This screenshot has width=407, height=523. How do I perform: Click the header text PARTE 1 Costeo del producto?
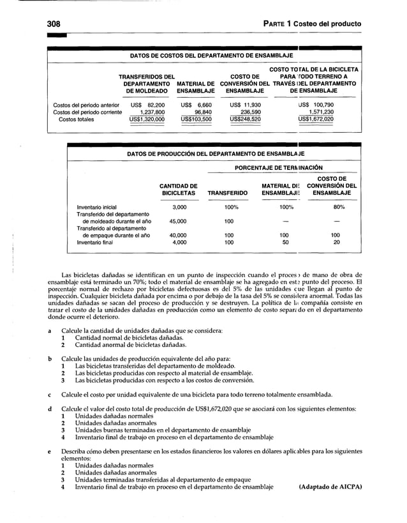(311, 24)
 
